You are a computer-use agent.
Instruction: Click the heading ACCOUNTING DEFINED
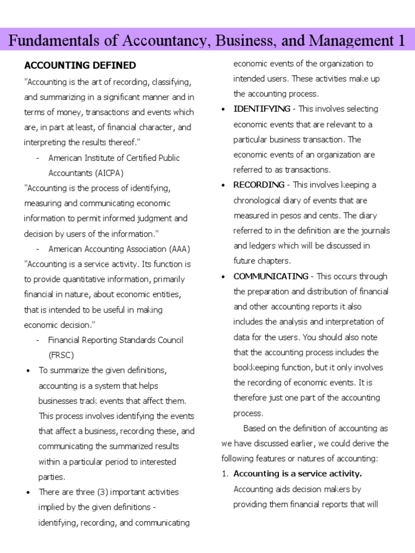click(x=80, y=65)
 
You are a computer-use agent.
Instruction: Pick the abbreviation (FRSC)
click(x=61, y=355)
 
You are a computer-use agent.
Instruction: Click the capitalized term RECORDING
click(x=259, y=185)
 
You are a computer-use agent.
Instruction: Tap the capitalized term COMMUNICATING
click(x=271, y=276)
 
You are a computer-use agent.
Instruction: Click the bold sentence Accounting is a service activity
click(x=297, y=474)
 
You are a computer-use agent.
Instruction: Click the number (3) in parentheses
click(x=102, y=492)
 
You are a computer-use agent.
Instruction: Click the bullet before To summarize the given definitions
click(x=28, y=371)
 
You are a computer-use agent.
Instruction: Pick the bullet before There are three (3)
click(x=28, y=493)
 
